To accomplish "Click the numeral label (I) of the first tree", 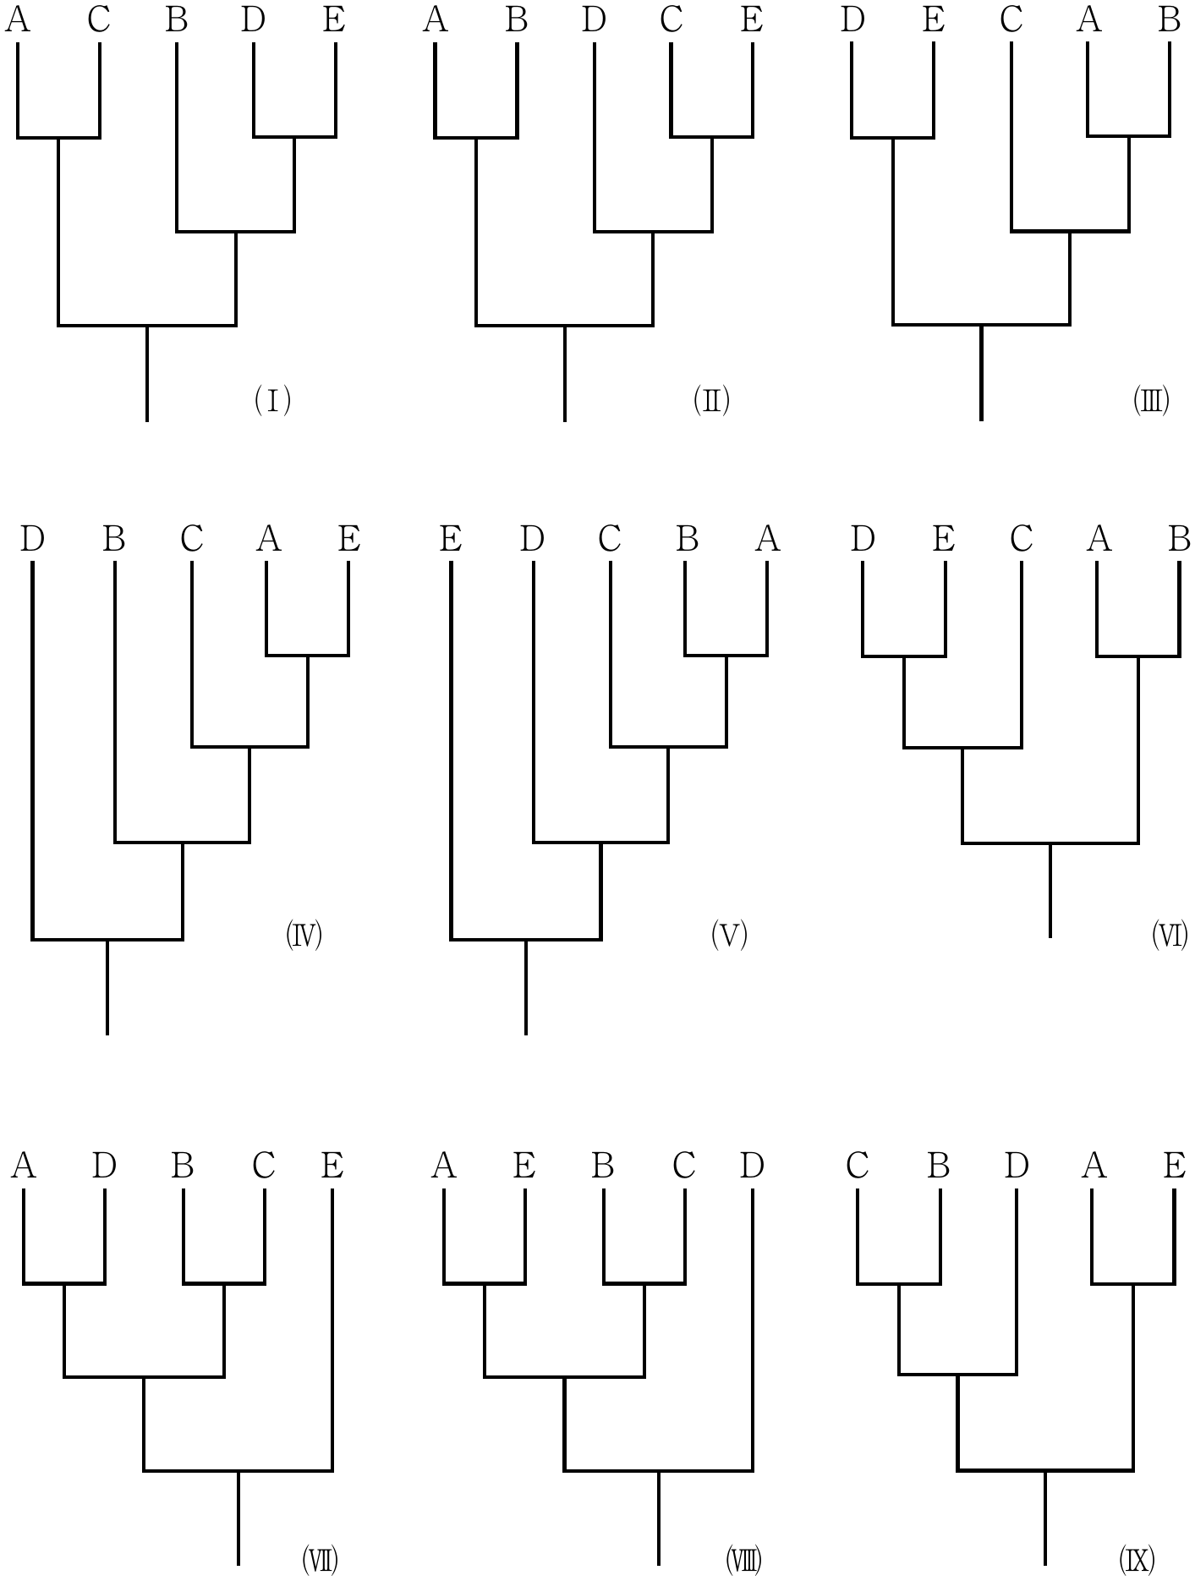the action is pyautogui.click(x=272, y=399).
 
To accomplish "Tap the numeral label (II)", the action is pyautogui.click(x=711, y=399).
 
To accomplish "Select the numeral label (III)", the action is pyautogui.click(x=1151, y=399).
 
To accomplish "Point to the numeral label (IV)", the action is pyautogui.click(x=304, y=936).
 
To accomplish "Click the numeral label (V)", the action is pyautogui.click(x=729, y=936).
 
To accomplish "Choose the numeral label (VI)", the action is pyautogui.click(x=1170, y=936).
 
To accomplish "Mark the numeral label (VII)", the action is pyautogui.click(x=320, y=1559).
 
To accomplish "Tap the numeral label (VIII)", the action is pyautogui.click(x=743, y=1559).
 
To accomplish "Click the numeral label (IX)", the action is pyautogui.click(x=1137, y=1559).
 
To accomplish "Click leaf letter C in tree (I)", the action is pyautogui.click(x=99, y=19).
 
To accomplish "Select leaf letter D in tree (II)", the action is pyautogui.click(x=595, y=19).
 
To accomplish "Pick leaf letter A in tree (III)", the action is pyautogui.click(x=1089, y=19).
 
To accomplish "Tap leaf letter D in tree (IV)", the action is pyautogui.click(x=32, y=538).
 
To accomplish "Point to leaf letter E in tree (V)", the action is pyautogui.click(x=451, y=538).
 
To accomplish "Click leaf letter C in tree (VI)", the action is pyautogui.click(x=1022, y=538).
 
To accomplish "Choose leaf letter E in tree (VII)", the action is pyautogui.click(x=332, y=1166).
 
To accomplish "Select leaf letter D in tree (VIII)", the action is pyautogui.click(x=752, y=1166).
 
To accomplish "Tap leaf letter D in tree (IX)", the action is pyautogui.click(x=1017, y=1166).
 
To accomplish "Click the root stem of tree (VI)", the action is pyautogui.click(x=1050, y=891).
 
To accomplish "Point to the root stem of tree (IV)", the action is pyautogui.click(x=107, y=987).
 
